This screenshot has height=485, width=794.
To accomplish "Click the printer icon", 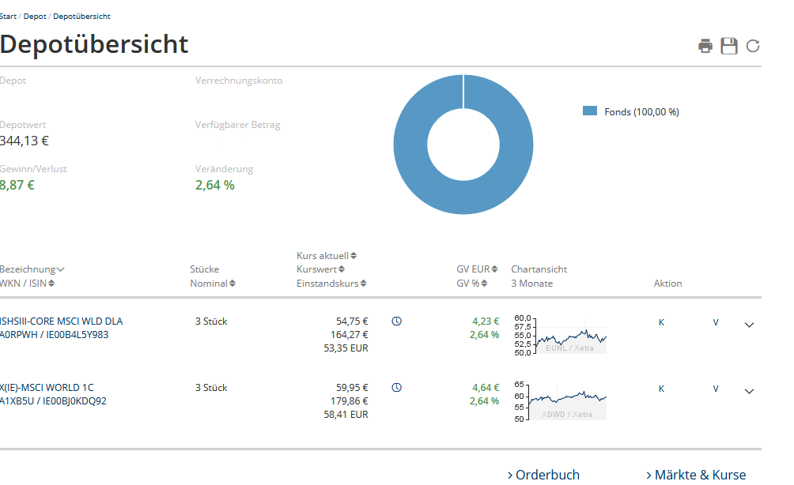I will point(705,46).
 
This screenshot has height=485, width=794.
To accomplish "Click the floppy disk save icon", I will point(729,46).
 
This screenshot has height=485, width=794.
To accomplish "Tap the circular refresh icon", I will point(753,46).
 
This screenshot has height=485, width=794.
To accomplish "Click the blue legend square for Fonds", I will point(589,111).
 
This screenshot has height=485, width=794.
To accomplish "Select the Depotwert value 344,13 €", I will point(25,141).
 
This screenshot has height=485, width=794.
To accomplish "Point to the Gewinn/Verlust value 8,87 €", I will point(17,185).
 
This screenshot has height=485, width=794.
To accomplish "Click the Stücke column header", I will point(205,269).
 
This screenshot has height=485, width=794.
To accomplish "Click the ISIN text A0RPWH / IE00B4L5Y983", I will point(55,335).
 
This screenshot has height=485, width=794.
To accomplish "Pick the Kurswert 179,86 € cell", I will point(349,401).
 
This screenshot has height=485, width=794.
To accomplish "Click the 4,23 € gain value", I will point(486,321).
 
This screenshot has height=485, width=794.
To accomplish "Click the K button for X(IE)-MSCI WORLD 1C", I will point(662,389).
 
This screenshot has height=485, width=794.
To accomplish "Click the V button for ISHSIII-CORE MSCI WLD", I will point(716,322).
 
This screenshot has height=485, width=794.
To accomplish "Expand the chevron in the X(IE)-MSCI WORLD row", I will point(750,390).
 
